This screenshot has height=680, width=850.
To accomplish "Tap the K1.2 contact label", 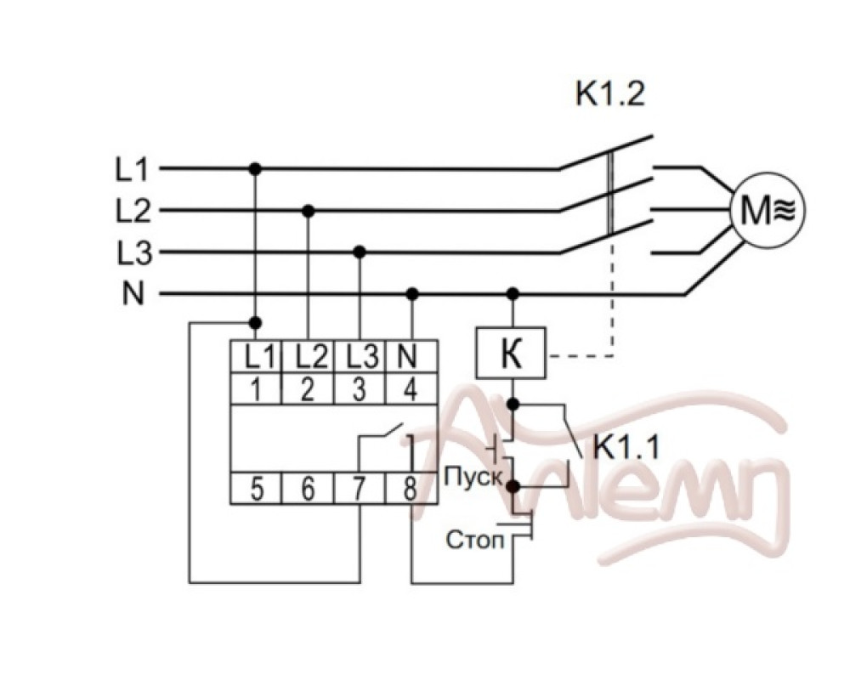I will click(x=610, y=93).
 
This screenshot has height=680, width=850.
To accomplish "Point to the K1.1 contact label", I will click(x=626, y=448).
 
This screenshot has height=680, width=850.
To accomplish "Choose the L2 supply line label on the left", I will click(x=132, y=211).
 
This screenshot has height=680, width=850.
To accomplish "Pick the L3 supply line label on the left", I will click(x=132, y=252).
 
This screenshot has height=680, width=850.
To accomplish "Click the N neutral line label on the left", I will click(x=133, y=294).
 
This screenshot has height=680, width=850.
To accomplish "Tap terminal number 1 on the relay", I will click(x=256, y=390).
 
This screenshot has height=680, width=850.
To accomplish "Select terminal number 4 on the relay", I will click(x=411, y=390).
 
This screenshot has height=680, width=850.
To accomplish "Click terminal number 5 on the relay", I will click(x=256, y=489).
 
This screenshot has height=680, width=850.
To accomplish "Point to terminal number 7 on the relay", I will click(x=360, y=489).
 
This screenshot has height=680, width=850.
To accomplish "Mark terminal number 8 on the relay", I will click(x=411, y=489).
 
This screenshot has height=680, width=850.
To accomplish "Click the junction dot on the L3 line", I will click(x=360, y=252).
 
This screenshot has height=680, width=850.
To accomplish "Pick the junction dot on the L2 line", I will click(x=309, y=210).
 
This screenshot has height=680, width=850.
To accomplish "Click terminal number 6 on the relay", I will click(x=308, y=489).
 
